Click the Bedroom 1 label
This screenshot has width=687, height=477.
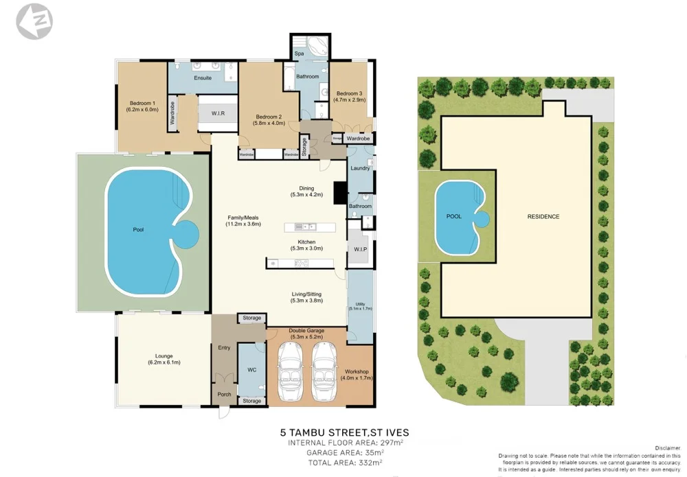142,103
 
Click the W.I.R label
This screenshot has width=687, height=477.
219,114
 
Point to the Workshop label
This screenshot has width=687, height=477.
357,371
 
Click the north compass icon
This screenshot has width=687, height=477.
34,21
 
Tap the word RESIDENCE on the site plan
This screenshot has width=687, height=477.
543,216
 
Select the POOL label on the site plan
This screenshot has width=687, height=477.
454,216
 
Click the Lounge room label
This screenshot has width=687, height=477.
164,356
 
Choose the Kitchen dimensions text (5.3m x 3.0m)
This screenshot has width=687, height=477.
306,248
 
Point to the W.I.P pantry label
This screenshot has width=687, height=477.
361,249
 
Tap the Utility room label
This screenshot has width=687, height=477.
359,303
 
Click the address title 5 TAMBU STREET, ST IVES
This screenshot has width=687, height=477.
344,432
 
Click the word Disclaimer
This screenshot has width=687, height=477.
666,447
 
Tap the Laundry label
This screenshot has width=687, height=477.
360,168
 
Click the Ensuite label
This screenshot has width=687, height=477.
203,78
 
